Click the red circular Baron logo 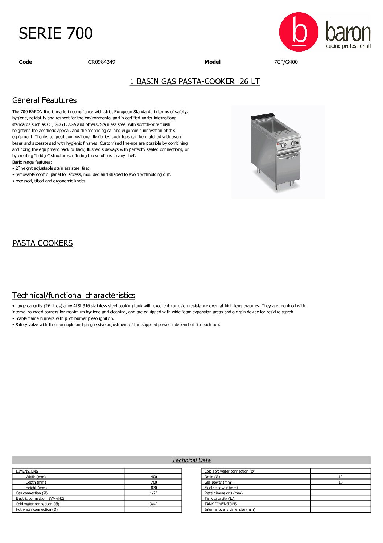point(298,32)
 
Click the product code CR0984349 point(102,62)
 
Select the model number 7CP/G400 point(286,62)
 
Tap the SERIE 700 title point(55,33)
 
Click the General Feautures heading point(44,100)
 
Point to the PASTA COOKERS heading point(42,243)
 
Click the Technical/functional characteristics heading point(74,296)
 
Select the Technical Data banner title point(191,460)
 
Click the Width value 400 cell point(154,477)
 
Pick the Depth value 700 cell point(154,482)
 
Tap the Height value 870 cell point(154,488)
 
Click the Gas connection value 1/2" point(153,493)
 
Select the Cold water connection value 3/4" point(153,504)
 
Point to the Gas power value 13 point(341,482)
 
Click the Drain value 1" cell point(341,477)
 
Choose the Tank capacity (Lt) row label point(219,499)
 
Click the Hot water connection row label point(37,510)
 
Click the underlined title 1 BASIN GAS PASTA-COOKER point(194,82)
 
